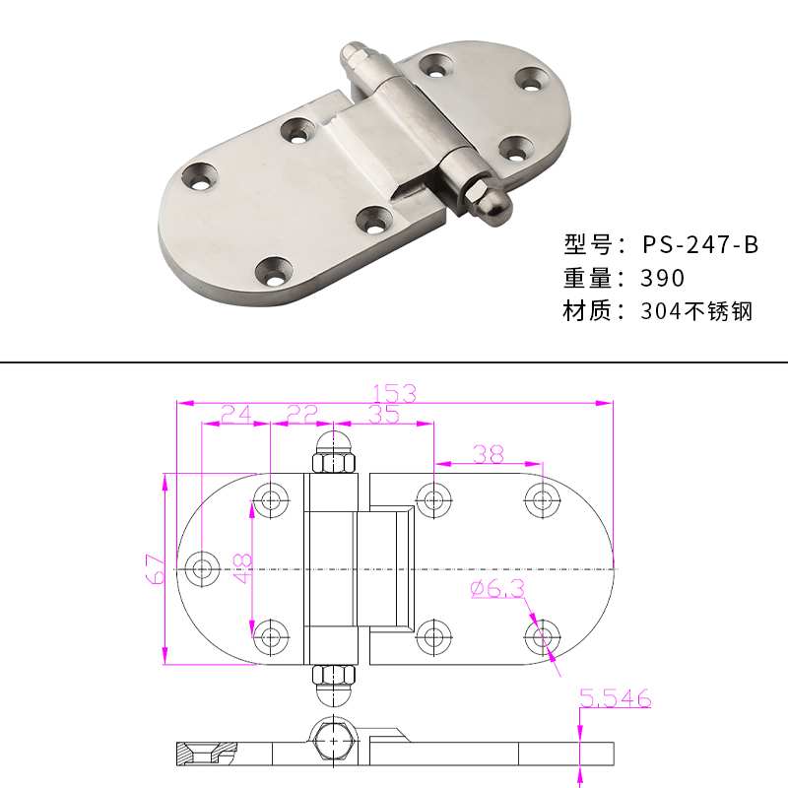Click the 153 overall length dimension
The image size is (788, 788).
click(x=395, y=393)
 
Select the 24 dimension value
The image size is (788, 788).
click(x=236, y=414)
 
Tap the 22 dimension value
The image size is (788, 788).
click(x=302, y=414)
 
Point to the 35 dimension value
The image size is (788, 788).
click(x=384, y=414)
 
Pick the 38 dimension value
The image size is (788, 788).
click(x=489, y=454)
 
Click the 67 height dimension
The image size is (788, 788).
click(x=156, y=569)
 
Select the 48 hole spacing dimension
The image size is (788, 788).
click(x=243, y=568)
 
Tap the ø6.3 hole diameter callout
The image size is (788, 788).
click(x=497, y=588)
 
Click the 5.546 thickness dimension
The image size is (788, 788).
click(x=615, y=698)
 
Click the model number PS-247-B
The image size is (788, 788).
click(x=700, y=244)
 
